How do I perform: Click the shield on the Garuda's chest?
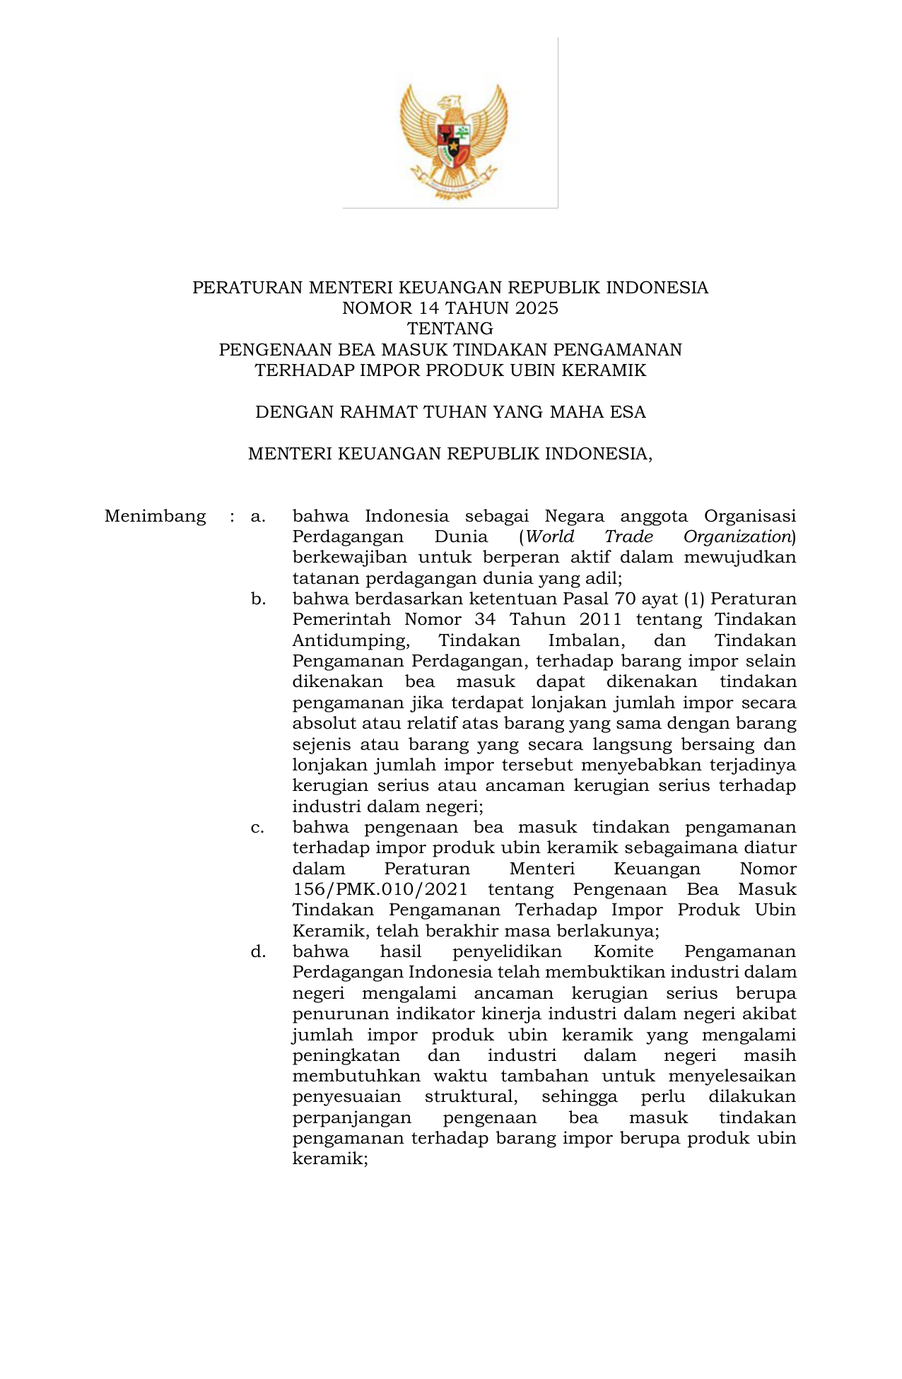click(453, 141)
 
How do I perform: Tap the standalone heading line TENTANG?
click(450, 329)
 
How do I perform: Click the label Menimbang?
click(155, 516)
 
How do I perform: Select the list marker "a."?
click(258, 516)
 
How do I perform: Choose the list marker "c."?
click(258, 827)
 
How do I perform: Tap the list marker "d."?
click(258, 951)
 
